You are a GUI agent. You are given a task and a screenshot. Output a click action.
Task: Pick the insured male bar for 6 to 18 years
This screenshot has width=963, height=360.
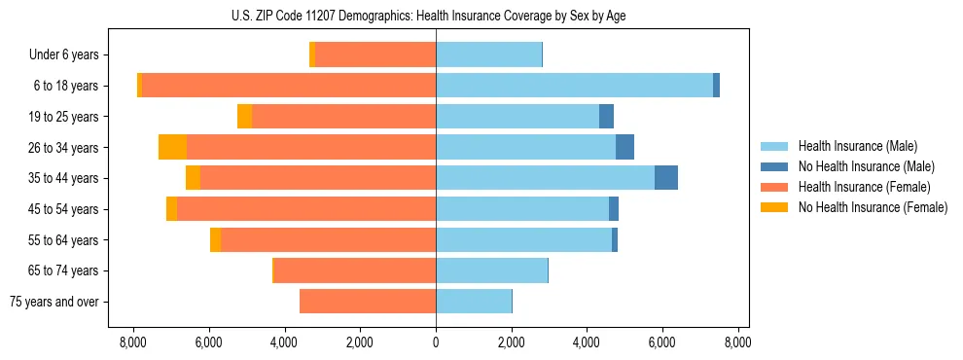click(x=574, y=86)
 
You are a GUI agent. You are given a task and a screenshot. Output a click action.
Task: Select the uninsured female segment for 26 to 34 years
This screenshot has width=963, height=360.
click(x=172, y=147)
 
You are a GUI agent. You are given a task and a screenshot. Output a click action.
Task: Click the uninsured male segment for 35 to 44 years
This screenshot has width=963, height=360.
click(x=666, y=178)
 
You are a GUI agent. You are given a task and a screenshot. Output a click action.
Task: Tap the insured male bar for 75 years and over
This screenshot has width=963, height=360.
click(x=474, y=302)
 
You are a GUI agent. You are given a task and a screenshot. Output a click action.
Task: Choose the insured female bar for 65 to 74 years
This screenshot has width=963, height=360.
click(x=355, y=270)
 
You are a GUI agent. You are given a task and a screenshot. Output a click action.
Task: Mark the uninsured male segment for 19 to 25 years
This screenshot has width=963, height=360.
click(x=606, y=117)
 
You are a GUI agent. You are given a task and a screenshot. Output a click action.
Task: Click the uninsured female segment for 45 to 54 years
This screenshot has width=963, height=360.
click(x=171, y=209)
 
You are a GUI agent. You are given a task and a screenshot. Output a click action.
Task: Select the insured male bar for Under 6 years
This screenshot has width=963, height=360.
click(x=488, y=55)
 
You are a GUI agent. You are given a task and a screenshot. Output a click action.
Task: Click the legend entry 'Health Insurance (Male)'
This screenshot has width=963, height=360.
click(x=857, y=146)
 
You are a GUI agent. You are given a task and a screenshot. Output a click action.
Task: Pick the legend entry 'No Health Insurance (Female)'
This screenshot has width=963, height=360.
click(x=873, y=207)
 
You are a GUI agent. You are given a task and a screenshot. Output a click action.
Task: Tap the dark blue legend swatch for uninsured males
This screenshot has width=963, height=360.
click(x=774, y=166)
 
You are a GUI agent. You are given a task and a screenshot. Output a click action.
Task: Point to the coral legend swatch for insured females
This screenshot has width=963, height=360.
click(x=774, y=187)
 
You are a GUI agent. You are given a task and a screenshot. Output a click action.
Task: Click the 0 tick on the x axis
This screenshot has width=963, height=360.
click(x=436, y=342)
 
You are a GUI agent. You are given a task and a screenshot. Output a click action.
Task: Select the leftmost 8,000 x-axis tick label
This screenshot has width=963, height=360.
click(x=132, y=342)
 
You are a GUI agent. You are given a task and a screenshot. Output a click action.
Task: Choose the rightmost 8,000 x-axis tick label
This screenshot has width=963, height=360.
click(x=737, y=342)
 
